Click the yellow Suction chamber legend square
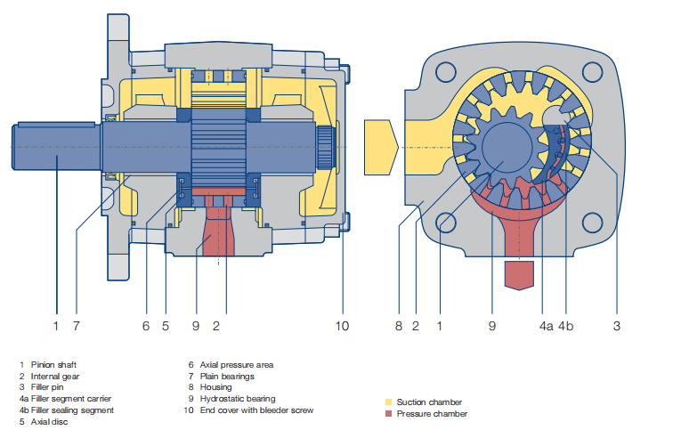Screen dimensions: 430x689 (x=388, y=402)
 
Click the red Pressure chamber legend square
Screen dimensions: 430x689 (x=388, y=413)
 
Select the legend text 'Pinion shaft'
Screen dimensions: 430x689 (x=56, y=364)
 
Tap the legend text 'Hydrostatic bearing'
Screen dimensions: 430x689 (x=238, y=399)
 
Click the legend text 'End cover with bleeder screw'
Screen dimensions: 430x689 (x=256, y=410)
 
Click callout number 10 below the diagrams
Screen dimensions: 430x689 (x=342, y=327)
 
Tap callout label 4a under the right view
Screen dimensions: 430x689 (x=546, y=327)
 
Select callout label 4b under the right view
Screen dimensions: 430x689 (x=566, y=327)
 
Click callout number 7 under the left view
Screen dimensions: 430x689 (x=77, y=327)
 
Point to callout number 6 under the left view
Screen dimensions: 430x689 (x=146, y=327)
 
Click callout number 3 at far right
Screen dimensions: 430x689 (x=616, y=327)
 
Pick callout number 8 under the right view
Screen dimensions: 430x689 (x=399, y=327)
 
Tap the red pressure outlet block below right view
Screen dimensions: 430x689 (x=519, y=275)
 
